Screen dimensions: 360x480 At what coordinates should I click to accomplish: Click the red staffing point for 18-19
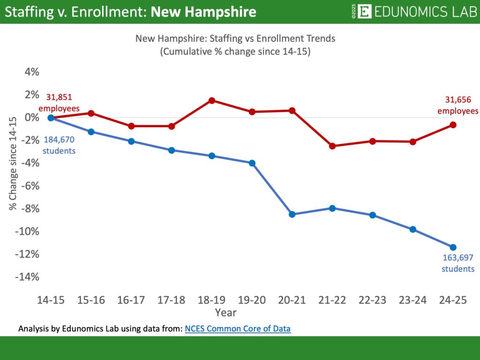point(211,100)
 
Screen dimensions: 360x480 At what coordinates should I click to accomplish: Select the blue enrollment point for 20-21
point(292,214)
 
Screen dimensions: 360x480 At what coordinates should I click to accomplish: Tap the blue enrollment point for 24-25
point(453,247)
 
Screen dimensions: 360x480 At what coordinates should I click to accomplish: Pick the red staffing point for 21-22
point(332,146)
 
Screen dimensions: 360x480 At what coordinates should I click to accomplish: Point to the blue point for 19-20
point(252,163)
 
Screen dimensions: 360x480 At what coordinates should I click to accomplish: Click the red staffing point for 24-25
point(453,125)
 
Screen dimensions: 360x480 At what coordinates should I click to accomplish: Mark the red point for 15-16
point(91,113)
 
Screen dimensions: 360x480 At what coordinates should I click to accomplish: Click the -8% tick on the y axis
point(30,209)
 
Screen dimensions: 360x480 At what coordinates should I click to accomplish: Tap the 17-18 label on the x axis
point(172,300)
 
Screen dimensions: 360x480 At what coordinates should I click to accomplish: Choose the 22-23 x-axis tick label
point(372,300)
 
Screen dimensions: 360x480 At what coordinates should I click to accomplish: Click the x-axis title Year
point(225,312)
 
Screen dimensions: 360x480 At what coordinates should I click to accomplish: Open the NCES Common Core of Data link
point(238,329)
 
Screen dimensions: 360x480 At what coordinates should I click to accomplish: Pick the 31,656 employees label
point(458,105)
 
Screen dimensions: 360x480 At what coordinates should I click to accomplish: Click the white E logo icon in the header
point(364,11)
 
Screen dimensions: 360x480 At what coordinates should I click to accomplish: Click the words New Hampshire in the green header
point(203,12)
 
